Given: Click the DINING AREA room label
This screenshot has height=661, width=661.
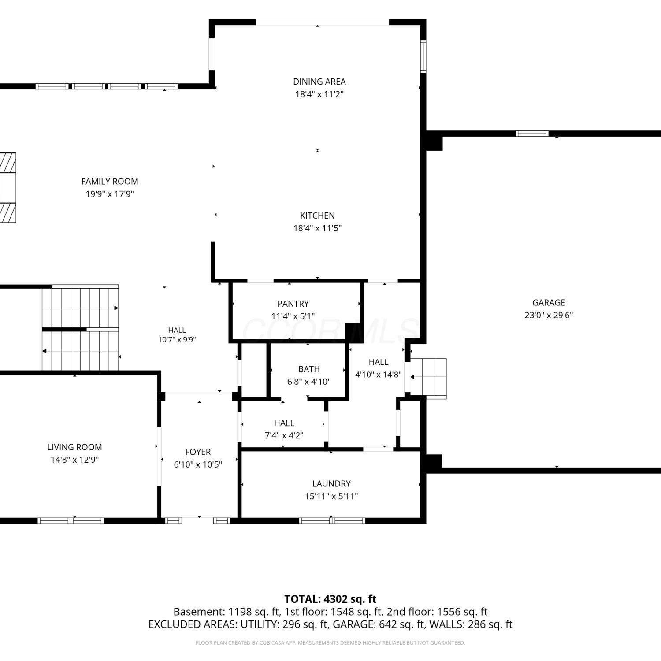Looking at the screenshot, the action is point(319,82).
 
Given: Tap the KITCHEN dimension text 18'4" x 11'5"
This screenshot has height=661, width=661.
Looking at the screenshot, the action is point(317,228).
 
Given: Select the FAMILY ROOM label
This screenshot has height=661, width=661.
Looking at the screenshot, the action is point(110,181).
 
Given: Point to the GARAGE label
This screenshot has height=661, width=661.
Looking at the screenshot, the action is point(549,302).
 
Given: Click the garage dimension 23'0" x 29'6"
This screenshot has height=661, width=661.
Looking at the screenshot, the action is point(549,315).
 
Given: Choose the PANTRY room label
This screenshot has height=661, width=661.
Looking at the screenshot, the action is point(293,304).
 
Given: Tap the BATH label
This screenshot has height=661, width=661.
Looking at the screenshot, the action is point(309,369).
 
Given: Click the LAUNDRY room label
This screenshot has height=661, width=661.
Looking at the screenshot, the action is point(331,483).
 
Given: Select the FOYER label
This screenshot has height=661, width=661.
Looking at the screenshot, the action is point(198,452).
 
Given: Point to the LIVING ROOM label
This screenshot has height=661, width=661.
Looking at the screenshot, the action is point(74,447).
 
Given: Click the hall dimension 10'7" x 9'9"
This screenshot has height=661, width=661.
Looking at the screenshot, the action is point(177,339).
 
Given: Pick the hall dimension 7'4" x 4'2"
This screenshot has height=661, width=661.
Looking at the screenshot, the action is point(284,435).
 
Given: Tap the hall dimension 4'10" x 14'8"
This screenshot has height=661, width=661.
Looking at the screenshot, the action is point(378,375).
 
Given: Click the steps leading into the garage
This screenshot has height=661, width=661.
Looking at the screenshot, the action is point(428,378).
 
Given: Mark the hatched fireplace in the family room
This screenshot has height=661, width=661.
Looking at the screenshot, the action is point(8,188).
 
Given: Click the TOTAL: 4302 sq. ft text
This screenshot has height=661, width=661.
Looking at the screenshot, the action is point(330,599).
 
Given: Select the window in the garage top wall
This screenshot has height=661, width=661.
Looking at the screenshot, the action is point(532,134).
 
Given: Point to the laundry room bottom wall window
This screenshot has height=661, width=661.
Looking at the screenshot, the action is point(332,520).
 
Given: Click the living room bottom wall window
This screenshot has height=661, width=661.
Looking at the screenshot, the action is point(71,520).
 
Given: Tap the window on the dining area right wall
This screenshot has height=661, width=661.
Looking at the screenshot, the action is point(423,56).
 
